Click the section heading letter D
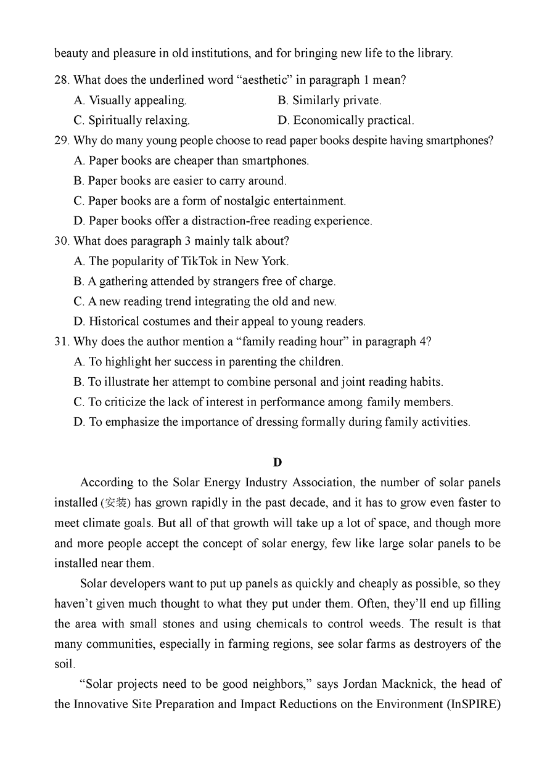(x=277, y=462)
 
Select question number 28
(x=62, y=80)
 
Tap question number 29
(x=62, y=141)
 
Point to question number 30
(x=62, y=241)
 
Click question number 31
(x=62, y=341)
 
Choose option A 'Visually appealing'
(x=130, y=100)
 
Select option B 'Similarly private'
(x=329, y=100)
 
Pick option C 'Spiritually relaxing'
(x=131, y=120)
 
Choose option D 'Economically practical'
(x=346, y=120)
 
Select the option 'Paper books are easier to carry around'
(x=180, y=181)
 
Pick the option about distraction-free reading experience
(x=223, y=221)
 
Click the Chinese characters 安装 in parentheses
(x=116, y=503)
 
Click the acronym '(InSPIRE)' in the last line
(x=474, y=704)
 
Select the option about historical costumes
(x=220, y=321)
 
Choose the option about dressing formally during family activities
(x=271, y=422)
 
